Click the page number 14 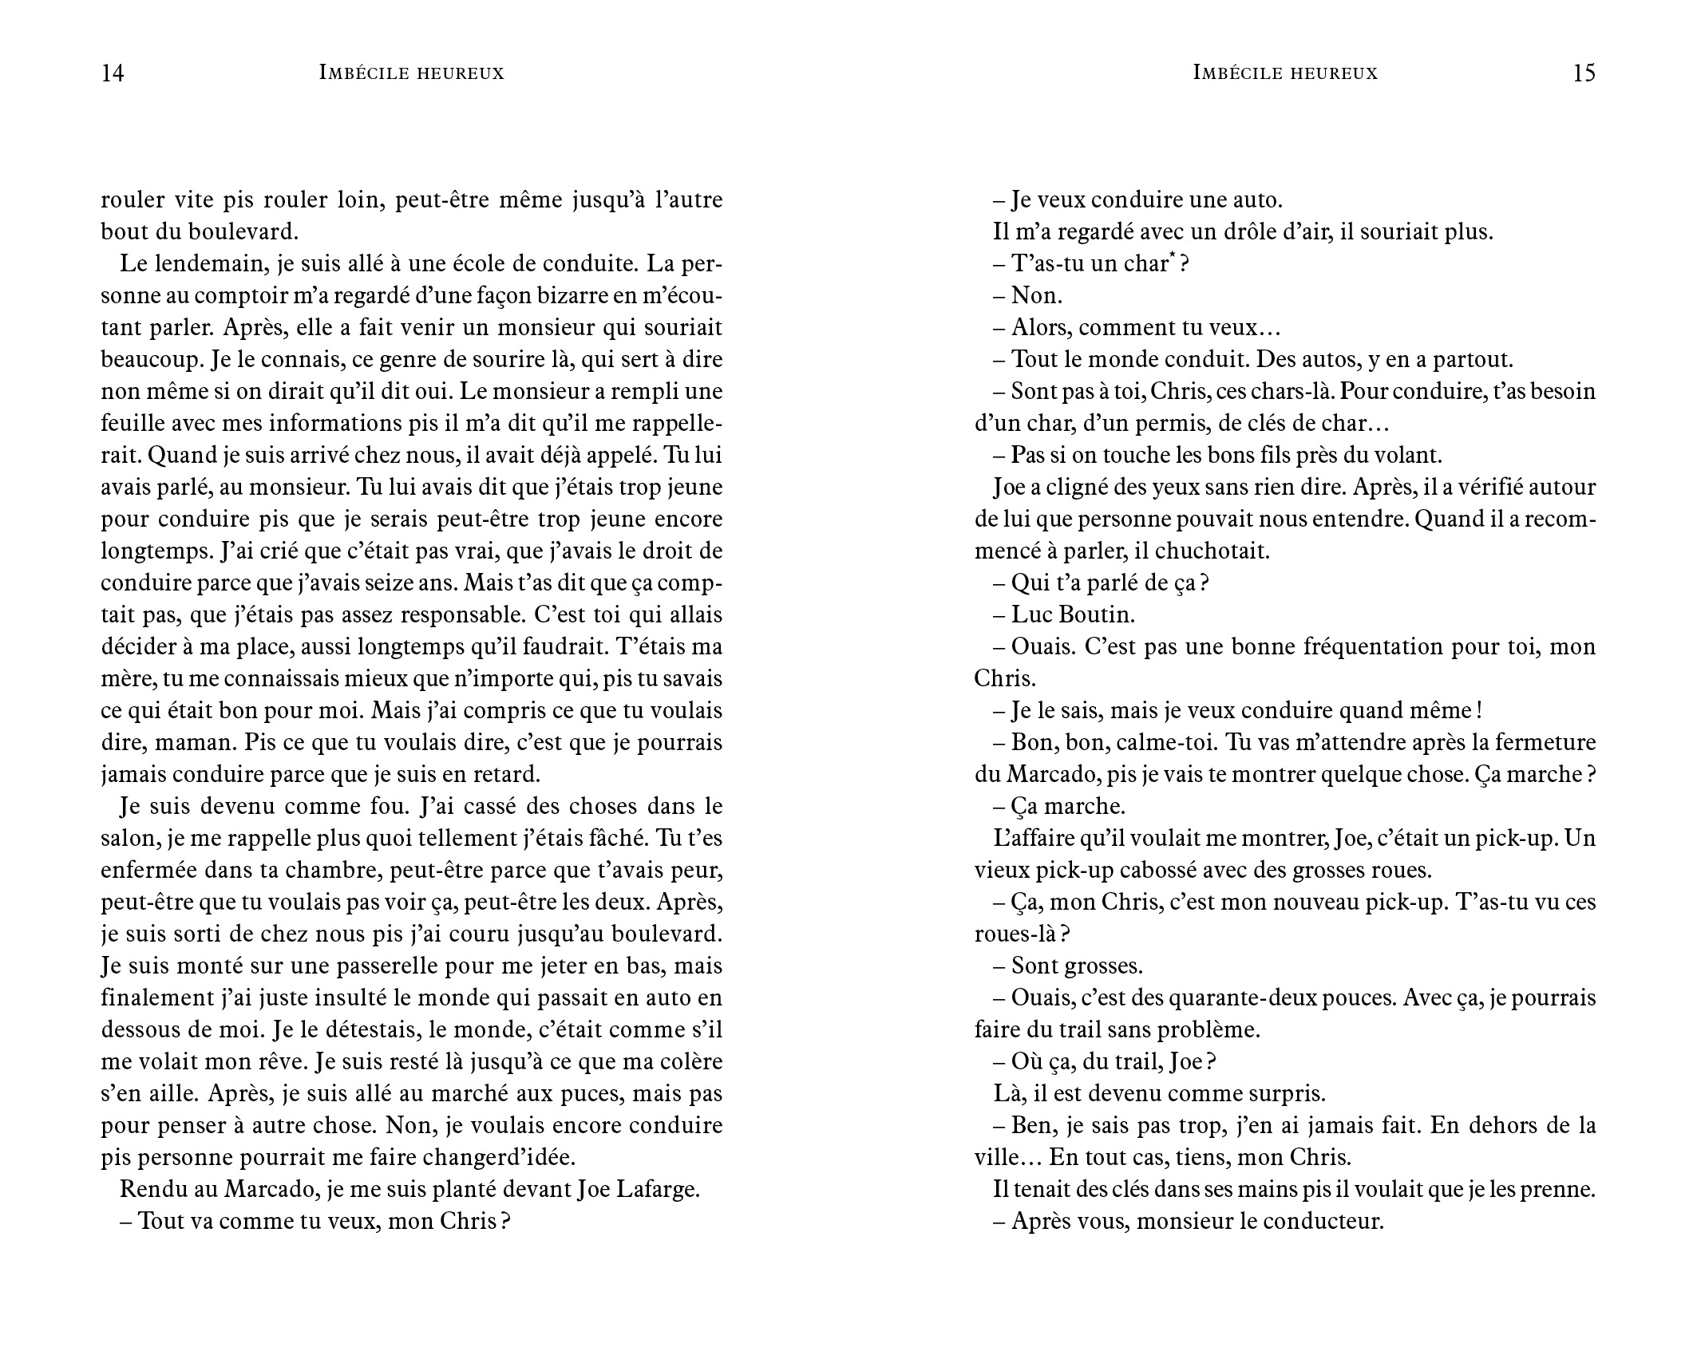tap(113, 73)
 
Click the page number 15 tap(1584, 73)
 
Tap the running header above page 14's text tap(412, 73)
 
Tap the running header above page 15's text tap(1285, 73)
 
